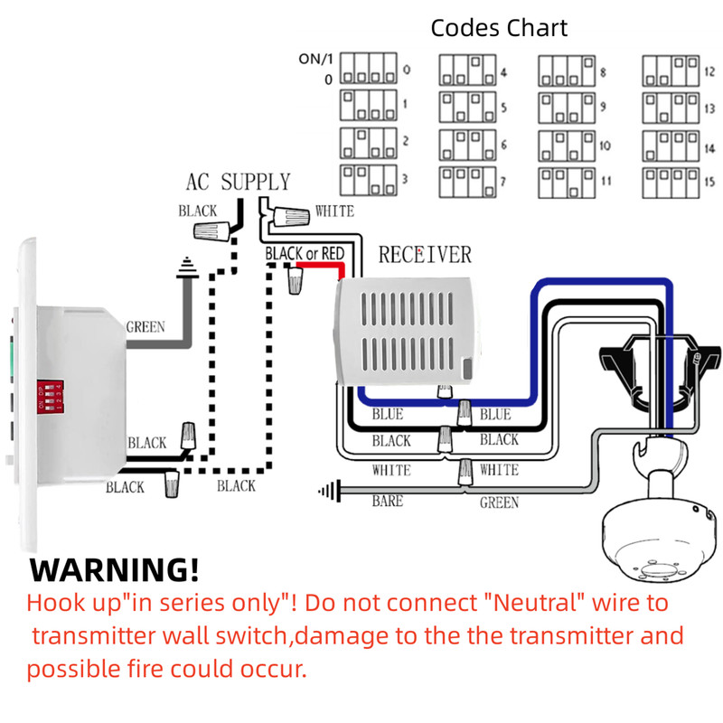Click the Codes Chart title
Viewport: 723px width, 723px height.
tap(499, 28)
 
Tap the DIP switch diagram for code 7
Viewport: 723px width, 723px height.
tap(467, 183)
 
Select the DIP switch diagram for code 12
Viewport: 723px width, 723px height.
tap(671, 71)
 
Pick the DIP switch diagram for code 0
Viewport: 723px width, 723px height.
tap(369, 69)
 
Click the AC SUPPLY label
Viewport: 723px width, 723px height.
tap(238, 182)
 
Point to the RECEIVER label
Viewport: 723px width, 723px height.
tap(425, 255)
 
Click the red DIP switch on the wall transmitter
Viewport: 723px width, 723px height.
tap(51, 397)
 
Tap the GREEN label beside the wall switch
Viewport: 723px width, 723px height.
tap(146, 327)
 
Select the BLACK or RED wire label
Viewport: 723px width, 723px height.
tap(305, 253)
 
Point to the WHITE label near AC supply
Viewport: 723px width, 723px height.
tap(334, 211)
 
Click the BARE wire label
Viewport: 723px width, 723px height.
tap(388, 501)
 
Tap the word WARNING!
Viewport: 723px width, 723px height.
tap(115, 570)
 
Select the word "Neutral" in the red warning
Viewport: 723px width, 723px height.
tap(535, 603)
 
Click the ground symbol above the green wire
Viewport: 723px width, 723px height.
tap(187, 268)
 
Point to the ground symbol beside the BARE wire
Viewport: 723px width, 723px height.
tap(330, 491)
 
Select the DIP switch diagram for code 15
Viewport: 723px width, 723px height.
tap(671, 183)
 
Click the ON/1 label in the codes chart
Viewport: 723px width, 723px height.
tap(315, 59)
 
